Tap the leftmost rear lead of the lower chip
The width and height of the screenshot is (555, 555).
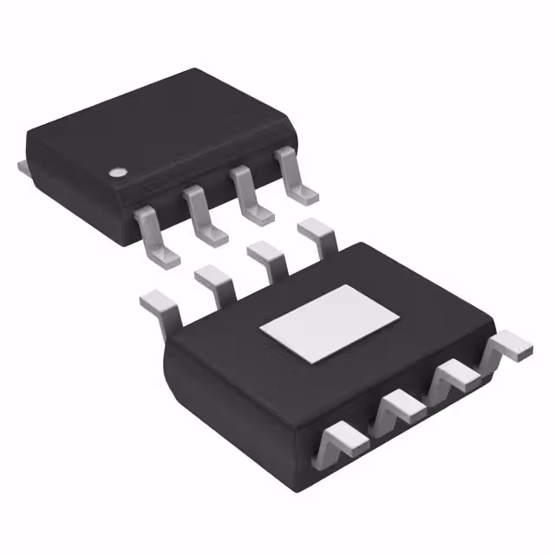point(160,304)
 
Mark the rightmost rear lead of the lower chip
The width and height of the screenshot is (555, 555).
point(317,232)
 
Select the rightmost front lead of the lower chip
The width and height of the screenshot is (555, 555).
point(510,346)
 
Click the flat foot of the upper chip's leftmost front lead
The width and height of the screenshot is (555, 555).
point(161,254)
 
